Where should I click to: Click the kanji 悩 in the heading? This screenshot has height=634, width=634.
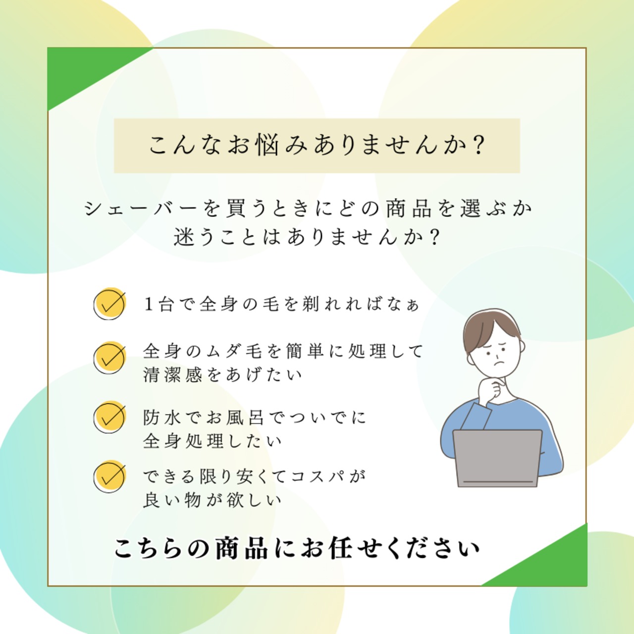pyautogui.click(x=267, y=145)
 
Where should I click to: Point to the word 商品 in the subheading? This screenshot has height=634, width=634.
pyautogui.click(x=409, y=209)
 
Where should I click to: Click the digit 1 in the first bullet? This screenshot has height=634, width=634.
pyautogui.click(x=149, y=304)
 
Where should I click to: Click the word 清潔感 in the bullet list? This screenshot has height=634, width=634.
pyautogui.click(x=173, y=375)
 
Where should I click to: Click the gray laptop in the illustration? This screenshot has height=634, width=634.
pyautogui.click(x=497, y=458)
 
